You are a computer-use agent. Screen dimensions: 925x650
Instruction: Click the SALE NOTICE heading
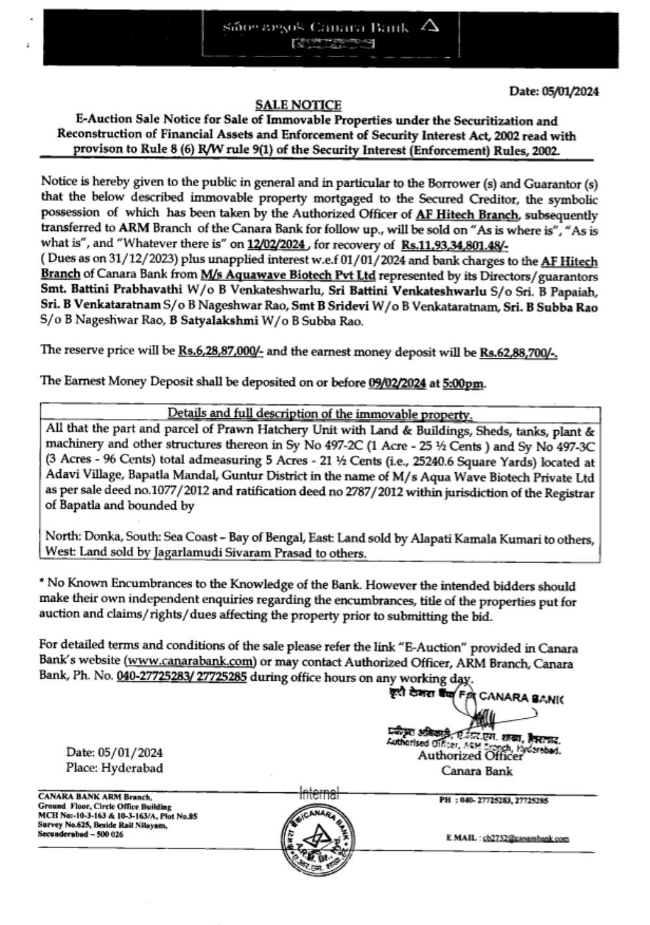(298, 105)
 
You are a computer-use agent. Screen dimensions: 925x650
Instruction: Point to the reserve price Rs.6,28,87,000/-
(221, 351)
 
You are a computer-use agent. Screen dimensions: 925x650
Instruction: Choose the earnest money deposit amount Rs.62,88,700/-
(519, 352)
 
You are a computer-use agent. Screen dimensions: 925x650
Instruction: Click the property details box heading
(320, 413)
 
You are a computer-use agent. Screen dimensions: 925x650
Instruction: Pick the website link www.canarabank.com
(189, 663)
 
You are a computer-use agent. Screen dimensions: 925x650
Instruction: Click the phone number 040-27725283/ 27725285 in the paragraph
(181, 677)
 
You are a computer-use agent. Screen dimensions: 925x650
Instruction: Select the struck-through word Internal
(318, 794)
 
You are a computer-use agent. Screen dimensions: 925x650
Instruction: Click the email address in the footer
(525, 838)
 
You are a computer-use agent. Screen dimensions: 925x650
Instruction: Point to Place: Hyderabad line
(114, 768)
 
